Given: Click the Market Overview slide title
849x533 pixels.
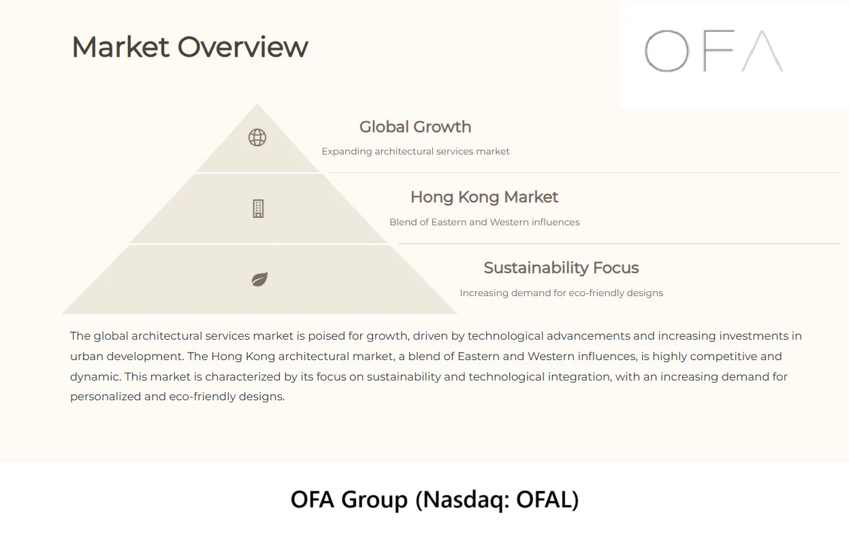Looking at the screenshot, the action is click(189, 48).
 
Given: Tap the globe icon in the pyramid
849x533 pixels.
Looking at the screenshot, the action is click(257, 138).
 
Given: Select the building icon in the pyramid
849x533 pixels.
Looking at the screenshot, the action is click(258, 209).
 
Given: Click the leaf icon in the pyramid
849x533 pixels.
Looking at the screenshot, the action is click(259, 279).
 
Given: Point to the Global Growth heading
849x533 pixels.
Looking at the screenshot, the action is click(415, 127).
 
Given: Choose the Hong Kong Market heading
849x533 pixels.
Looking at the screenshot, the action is click(484, 197).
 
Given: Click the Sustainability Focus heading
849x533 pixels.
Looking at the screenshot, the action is click(561, 268).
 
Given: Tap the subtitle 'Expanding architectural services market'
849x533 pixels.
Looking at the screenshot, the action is click(415, 152).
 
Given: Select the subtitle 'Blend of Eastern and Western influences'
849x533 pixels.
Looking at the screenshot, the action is click(484, 222).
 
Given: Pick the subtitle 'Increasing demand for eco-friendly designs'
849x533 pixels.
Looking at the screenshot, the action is click(561, 293).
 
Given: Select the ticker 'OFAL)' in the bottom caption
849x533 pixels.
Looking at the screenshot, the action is click(547, 500).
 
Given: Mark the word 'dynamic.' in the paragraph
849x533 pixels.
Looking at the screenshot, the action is click(95, 377).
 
